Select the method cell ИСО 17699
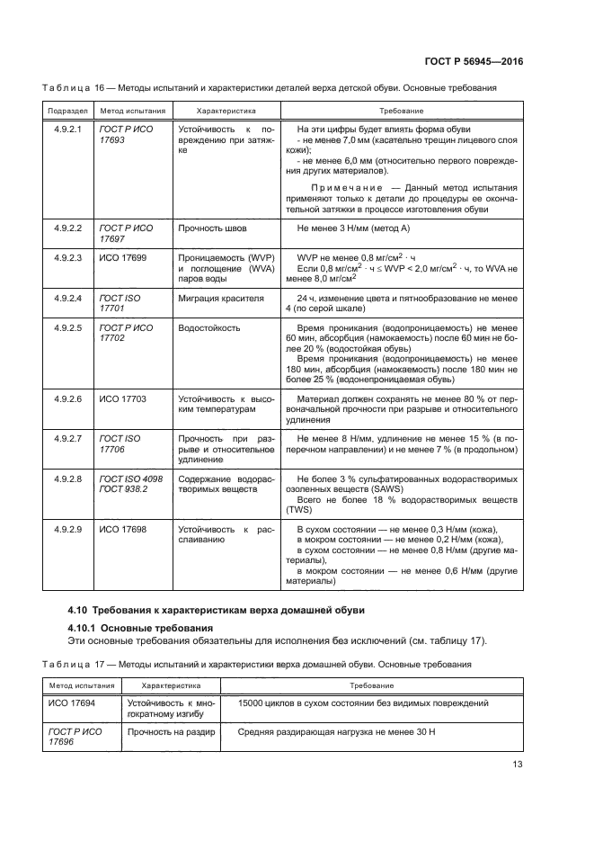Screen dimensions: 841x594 pyautogui.click(x=122, y=256)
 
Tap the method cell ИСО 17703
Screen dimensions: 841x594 pyautogui.click(x=122, y=397)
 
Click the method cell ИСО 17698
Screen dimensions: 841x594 pyautogui.click(x=122, y=529)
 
